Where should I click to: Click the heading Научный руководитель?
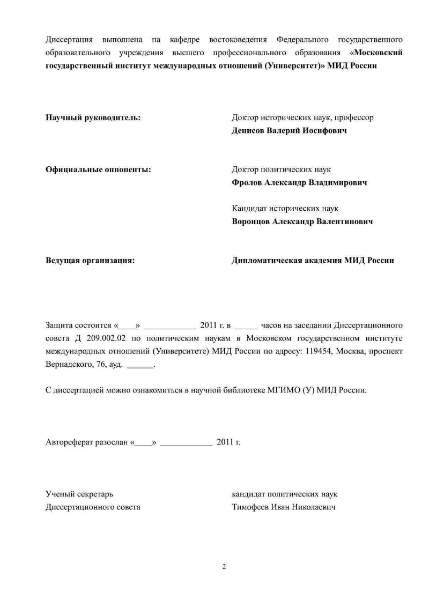click(x=93, y=117)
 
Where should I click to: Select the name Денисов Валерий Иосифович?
click(x=289, y=130)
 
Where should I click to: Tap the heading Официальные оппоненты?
click(x=98, y=169)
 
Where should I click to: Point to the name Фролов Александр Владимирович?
click(x=299, y=182)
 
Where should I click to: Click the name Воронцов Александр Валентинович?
click(x=302, y=221)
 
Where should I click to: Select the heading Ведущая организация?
click(x=90, y=260)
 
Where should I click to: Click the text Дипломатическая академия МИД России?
click(x=313, y=260)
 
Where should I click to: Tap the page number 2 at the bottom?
click(x=224, y=567)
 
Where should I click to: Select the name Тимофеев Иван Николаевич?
click(x=284, y=507)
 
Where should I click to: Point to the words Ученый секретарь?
click(x=79, y=494)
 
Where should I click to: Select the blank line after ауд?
click(x=140, y=365)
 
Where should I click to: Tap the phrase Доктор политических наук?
click(x=281, y=169)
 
